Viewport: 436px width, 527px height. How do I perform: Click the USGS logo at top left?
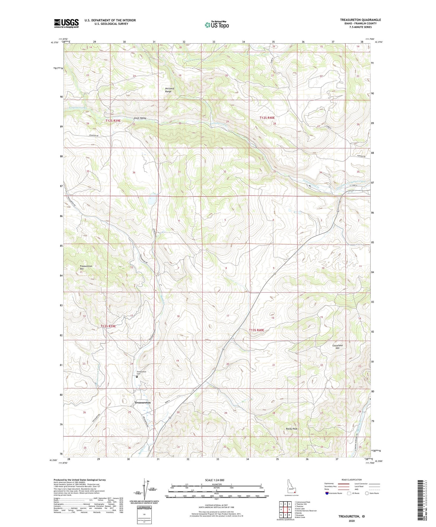(66, 23)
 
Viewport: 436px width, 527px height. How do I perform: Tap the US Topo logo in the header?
(217, 25)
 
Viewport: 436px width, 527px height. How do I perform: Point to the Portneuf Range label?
(168, 90)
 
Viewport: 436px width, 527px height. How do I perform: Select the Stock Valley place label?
(140, 118)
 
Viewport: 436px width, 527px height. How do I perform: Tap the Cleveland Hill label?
(337, 347)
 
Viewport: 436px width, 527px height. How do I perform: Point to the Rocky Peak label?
(292, 429)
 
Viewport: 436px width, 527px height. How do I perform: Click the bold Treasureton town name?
(142, 403)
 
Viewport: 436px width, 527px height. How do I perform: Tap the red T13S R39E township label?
(108, 326)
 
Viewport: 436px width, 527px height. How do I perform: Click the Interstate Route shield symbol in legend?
(327, 493)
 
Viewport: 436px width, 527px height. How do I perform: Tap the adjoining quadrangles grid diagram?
(285, 509)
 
